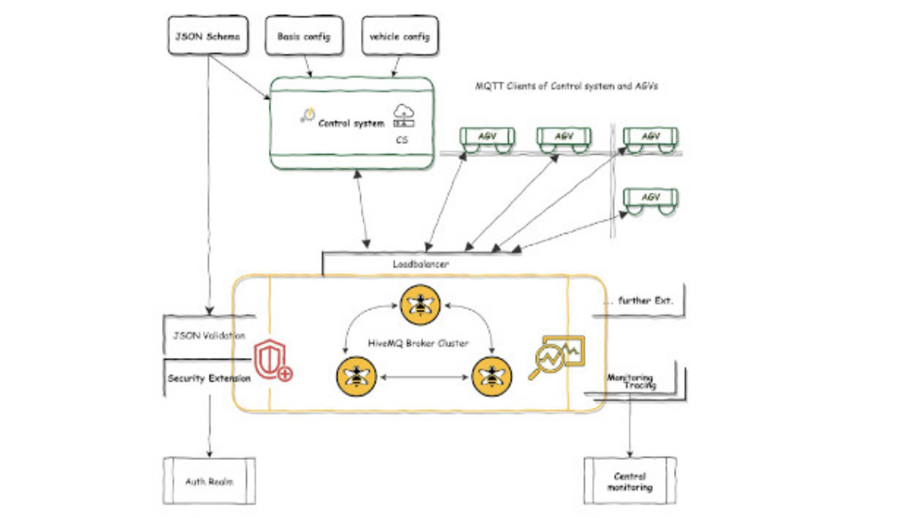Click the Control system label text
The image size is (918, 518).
coord(351,123)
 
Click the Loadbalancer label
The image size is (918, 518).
coord(420,264)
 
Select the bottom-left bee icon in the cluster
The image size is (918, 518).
coord(356,376)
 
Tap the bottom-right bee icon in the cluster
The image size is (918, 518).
coord(492,376)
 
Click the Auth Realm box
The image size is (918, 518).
coord(209,481)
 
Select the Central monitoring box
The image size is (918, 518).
coord(630,481)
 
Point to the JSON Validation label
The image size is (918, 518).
coord(209,335)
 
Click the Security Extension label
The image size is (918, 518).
coord(209,378)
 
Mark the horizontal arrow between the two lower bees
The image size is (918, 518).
coord(425,376)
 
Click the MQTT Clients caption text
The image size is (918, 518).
coord(567,86)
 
